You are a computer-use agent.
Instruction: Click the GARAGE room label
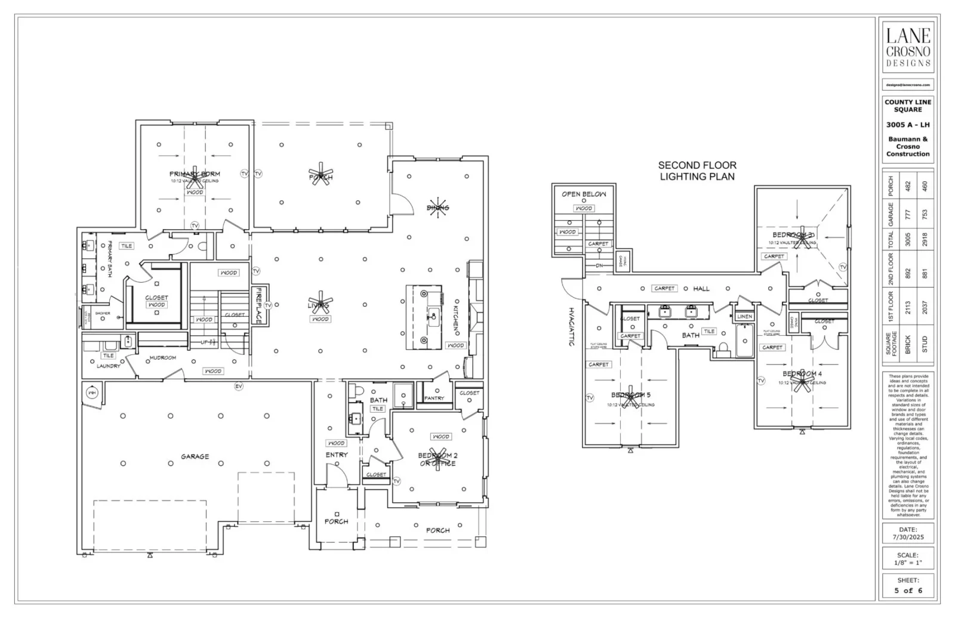coord(195,456)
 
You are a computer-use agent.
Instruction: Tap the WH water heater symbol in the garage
coord(92,393)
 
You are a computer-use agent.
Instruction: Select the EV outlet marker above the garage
coord(239,387)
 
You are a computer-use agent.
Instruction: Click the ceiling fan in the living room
coord(321,304)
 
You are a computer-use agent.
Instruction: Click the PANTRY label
coord(434,398)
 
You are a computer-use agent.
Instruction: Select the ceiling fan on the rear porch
coord(321,174)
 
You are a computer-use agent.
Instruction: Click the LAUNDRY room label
coord(109,366)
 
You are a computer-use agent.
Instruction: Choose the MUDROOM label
coord(162,358)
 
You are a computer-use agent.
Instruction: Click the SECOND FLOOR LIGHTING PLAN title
coord(697,171)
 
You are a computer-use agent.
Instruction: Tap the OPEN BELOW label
coord(584,194)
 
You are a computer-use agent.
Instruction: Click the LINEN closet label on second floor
coord(744,317)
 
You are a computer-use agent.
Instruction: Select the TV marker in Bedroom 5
coord(590,397)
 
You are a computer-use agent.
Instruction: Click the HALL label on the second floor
coord(701,289)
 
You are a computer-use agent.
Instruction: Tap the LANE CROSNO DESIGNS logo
coord(908,47)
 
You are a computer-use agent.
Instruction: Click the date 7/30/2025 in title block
coord(908,537)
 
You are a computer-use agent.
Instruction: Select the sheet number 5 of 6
coord(908,591)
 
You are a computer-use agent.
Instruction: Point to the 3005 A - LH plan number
coord(908,125)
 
